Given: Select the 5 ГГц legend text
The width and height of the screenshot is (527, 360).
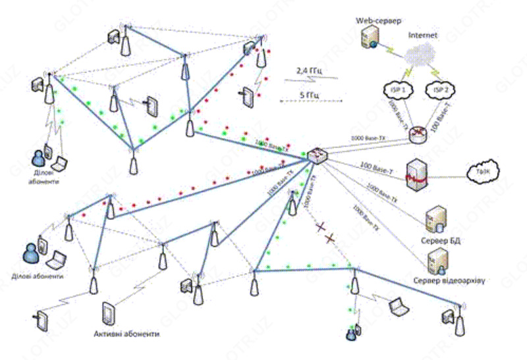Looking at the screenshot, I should click(310, 95).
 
